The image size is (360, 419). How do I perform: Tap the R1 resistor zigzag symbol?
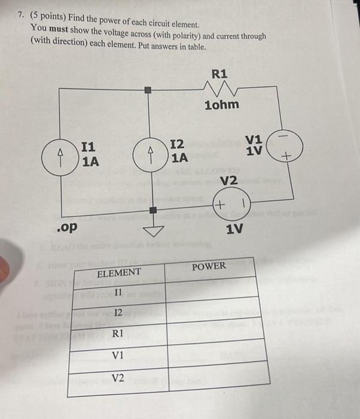point(219,90)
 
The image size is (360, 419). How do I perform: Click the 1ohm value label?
point(221,105)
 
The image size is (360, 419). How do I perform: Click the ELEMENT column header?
point(118,272)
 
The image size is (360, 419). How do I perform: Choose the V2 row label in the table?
point(118,377)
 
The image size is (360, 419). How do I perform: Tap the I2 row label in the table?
point(119,311)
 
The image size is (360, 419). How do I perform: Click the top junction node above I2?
point(150,90)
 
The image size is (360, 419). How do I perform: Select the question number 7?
point(19,11)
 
